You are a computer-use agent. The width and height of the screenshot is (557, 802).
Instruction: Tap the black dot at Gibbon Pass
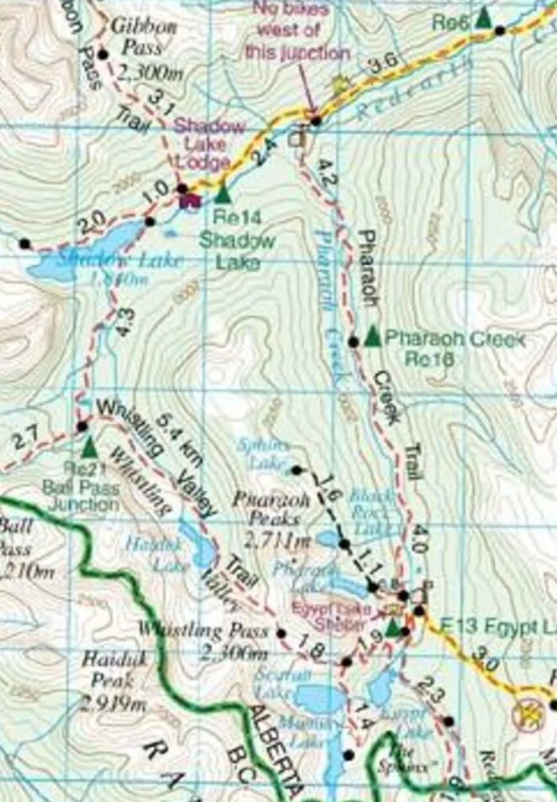coord(102,54)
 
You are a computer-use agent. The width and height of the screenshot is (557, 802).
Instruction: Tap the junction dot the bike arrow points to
coord(316,120)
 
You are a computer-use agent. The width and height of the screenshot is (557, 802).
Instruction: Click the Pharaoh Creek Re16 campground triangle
coord(373,336)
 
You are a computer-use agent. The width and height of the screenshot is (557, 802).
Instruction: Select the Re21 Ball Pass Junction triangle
coord(89,446)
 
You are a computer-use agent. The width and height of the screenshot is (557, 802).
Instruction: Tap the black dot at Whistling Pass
coord(281,633)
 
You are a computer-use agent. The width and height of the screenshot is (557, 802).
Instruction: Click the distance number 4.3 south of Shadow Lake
coord(125,322)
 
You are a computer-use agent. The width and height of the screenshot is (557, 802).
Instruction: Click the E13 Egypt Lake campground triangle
coord(393,627)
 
